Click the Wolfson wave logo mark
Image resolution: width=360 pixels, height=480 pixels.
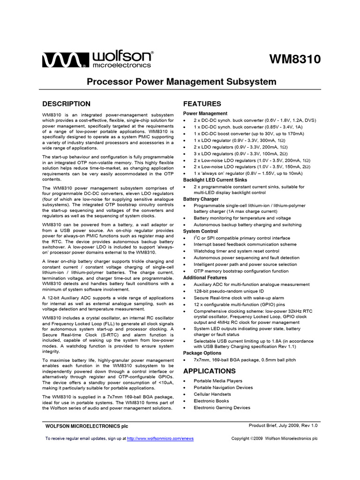click(65, 60)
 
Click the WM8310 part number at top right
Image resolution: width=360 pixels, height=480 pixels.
click(295, 60)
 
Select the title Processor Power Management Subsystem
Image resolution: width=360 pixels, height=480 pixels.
click(182, 82)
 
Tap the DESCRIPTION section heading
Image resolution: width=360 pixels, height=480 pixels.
click(67, 104)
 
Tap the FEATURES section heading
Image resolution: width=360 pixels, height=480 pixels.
click(202, 104)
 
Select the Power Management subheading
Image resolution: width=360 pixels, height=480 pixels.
click(205, 113)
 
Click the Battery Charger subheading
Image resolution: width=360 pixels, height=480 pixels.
click(201, 199)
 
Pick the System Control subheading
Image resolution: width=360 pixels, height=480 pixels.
click(200, 232)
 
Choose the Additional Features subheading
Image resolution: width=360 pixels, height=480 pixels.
click(205, 277)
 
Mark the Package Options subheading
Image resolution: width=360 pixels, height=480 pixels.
click(202, 352)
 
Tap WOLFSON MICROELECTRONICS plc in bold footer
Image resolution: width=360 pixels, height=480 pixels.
click(86, 426)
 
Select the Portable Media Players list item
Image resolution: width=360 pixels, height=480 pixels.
click(218, 381)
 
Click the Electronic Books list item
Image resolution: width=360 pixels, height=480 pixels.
click(212, 401)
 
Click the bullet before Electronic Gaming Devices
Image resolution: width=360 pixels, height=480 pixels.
click(185, 408)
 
